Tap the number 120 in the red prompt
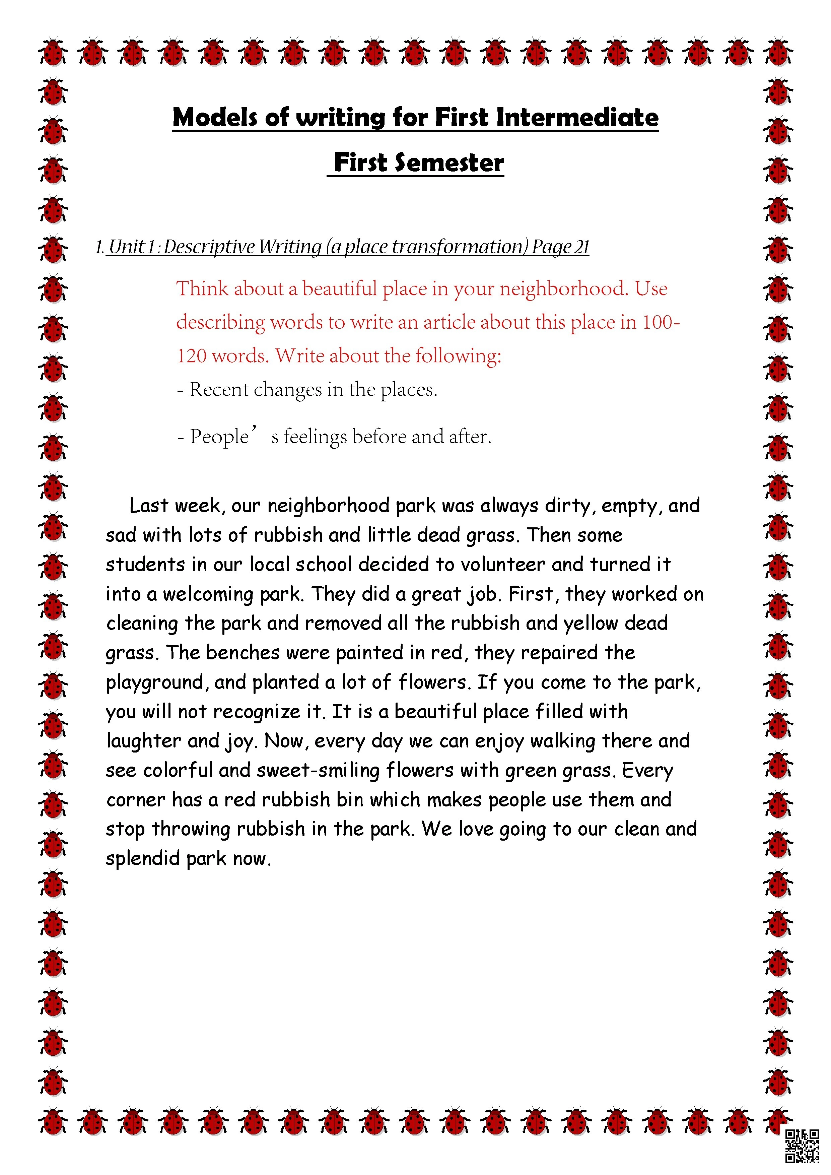(191, 356)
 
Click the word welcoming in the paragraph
(208, 594)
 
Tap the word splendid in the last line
(143, 858)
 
